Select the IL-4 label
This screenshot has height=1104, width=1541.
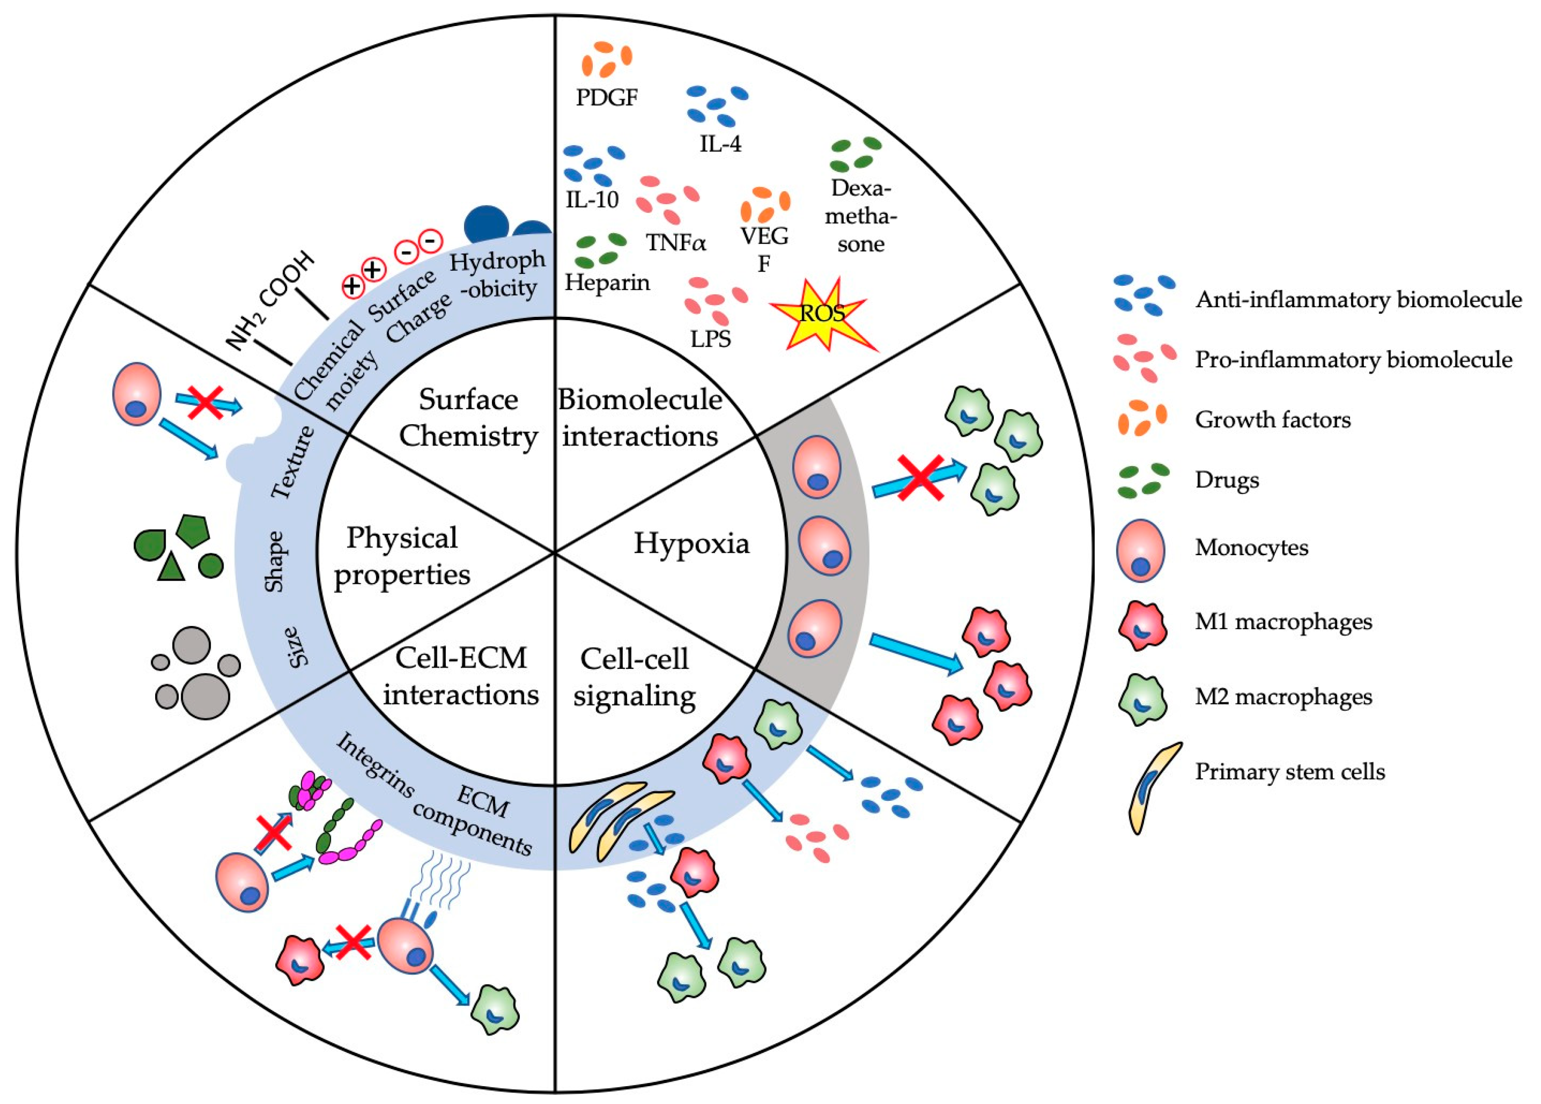click(x=720, y=143)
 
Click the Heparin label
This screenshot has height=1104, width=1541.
click(x=607, y=282)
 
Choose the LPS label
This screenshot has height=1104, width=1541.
click(x=710, y=338)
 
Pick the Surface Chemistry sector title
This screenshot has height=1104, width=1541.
click(x=468, y=417)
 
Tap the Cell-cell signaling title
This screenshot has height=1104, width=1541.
click(x=634, y=677)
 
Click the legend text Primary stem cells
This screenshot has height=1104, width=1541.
click(x=1289, y=772)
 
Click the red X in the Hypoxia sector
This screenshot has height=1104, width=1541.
click(x=920, y=478)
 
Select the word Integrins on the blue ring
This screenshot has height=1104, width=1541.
click(x=375, y=765)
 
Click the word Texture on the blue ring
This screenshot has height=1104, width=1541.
click(x=293, y=462)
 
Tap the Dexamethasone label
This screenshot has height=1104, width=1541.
click(x=860, y=216)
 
